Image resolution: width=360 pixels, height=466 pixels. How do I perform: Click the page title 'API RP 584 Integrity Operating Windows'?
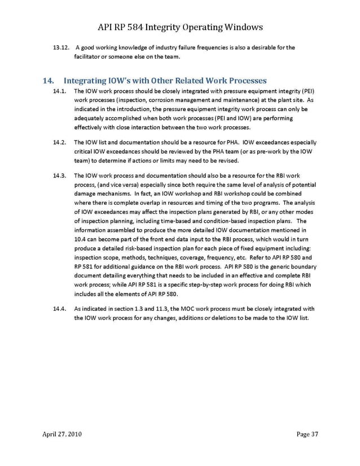[x=179, y=27]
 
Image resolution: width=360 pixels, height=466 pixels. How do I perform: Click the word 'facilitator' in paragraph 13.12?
[x=89, y=56]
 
